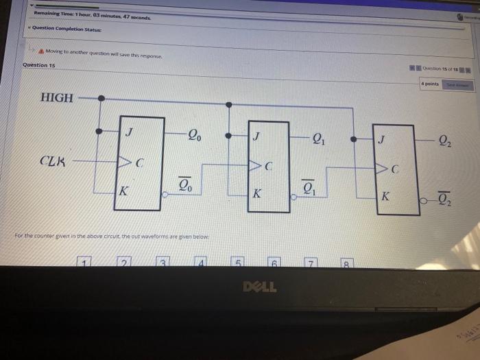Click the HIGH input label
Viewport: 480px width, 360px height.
point(57,97)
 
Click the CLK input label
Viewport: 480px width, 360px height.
point(53,162)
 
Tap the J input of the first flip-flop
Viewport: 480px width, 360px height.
point(128,131)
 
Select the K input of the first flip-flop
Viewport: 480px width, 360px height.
point(123,191)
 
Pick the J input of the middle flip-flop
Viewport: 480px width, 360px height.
point(256,136)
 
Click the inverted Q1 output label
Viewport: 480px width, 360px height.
point(310,189)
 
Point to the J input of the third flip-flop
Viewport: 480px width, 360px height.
point(383,141)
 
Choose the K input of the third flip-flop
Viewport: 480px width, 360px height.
point(385,196)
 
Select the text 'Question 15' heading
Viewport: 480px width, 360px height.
point(39,65)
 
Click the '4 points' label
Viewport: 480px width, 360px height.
point(430,83)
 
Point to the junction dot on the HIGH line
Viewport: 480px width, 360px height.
point(101,98)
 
